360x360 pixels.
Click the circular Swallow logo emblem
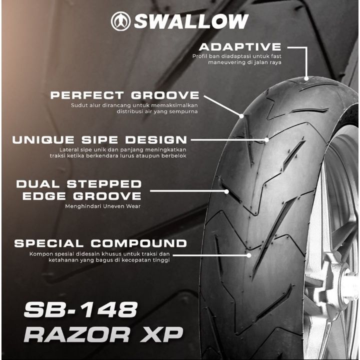click(x=121, y=21)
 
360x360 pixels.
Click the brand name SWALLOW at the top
click(x=191, y=21)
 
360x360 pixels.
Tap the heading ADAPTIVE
click(x=240, y=47)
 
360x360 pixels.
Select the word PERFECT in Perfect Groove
click(x=87, y=95)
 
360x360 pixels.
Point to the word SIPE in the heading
click(x=99, y=140)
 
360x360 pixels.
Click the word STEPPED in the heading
click(x=104, y=184)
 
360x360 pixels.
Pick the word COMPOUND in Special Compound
click(x=138, y=243)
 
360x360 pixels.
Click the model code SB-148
click(x=81, y=309)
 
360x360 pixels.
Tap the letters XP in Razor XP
click(x=161, y=334)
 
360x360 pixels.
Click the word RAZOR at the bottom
click(x=77, y=334)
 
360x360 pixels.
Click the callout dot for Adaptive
click(x=306, y=78)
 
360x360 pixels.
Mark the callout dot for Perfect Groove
click(x=241, y=116)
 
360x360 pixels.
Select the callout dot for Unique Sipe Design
click(x=266, y=140)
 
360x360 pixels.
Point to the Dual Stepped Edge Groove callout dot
click(x=226, y=191)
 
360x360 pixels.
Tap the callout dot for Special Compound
click(x=249, y=255)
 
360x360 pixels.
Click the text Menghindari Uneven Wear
click(x=102, y=206)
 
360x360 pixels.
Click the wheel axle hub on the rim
click(x=348, y=283)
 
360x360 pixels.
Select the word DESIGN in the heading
click(x=156, y=140)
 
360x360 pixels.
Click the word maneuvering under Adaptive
click(x=222, y=62)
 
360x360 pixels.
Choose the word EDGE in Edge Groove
click(x=44, y=196)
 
